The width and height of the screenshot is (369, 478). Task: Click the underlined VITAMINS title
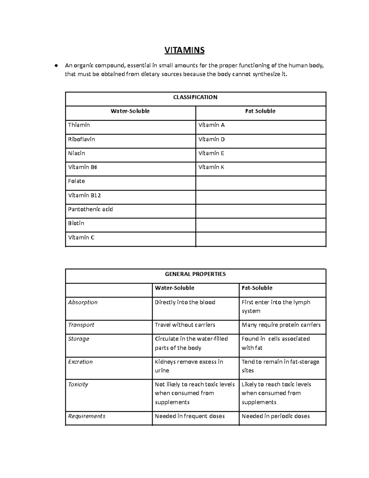tap(184, 50)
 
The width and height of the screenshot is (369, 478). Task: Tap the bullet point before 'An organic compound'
tap(56, 66)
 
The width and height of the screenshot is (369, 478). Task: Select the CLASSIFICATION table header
tap(195, 97)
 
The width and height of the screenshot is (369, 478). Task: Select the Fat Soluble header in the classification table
tap(260, 111)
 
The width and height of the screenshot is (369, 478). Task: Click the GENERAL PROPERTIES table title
tap(195, 274)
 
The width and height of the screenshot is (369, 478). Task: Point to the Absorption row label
tap(83, 302)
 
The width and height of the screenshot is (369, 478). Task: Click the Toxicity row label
tap(78, 384)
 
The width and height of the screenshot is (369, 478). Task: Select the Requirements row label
tap(87, 416)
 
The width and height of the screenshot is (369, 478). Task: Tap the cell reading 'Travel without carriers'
tap(185, 325)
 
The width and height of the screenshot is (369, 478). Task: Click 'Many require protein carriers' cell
tap(281, 325)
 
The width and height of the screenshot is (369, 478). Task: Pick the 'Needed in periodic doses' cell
tap(276, 416)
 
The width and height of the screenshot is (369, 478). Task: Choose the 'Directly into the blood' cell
tap(185, 302)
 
